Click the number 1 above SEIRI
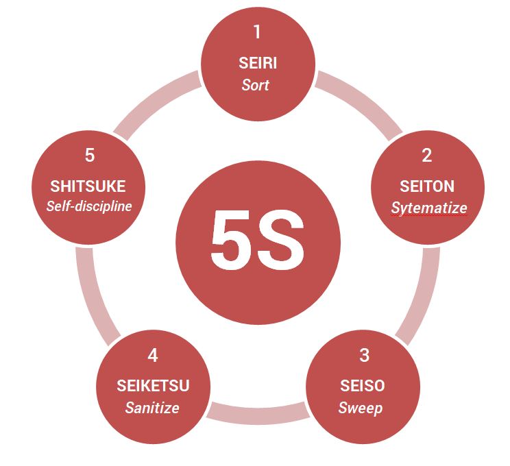click(x=257, y=32)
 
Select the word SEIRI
click(x=258, y=63)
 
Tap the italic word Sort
click(x=255, y=85)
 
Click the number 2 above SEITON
click(x=427, y=156)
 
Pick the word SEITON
click(x=427, y=186)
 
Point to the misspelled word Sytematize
click(x=429, y=208)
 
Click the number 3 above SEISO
click(x=364, y=355)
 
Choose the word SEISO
click(x=363, y=386)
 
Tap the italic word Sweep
click(x=361, y=408)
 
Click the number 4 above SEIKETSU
click(x=153, y=355)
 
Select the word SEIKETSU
click(x=153, y=386)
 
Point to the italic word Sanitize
click(x=152, y=408)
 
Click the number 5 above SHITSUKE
click(x=89, y=156)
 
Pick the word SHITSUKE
click(x=88, y=186)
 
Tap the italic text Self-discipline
click(x=89, y=206)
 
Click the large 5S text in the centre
click(x=258, y=239)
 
